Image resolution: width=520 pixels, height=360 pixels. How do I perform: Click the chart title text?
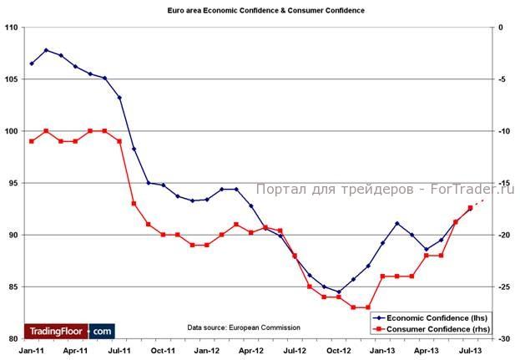pos(260,11)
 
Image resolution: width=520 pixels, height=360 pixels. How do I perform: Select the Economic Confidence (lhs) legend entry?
pos(432,317)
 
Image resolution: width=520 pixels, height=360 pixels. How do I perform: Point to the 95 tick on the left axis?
pos(13,183)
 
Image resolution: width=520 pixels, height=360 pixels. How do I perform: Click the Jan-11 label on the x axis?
pos(31,352)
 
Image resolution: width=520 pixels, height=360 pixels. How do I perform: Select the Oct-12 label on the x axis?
pos(339,352)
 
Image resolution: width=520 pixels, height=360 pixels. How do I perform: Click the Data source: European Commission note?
pos(244,327)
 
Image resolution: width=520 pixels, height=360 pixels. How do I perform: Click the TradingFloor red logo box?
pos(57,331)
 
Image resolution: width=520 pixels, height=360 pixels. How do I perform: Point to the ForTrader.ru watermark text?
pos(385,190)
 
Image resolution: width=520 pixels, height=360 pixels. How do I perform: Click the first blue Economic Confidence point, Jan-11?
pos(32,63)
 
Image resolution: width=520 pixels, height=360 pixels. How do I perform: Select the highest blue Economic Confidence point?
pos(46,50)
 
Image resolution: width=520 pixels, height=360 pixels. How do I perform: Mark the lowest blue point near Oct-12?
pos(339,292)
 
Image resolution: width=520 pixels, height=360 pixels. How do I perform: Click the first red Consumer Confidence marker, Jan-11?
pos(32,141)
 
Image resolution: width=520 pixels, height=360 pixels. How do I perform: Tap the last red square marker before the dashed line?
pos(470,208)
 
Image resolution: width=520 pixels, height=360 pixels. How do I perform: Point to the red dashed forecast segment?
pos(477,204)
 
